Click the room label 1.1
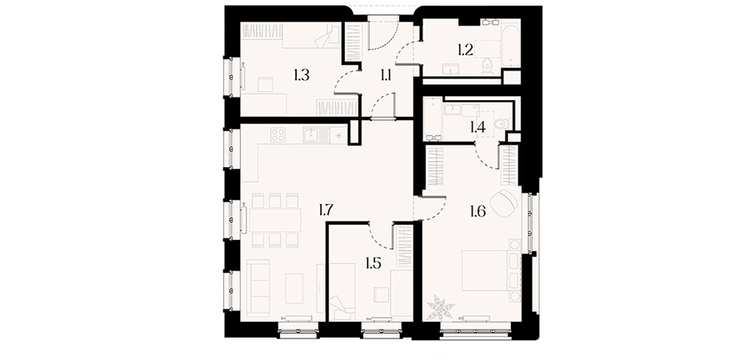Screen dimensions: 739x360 click(385, 75)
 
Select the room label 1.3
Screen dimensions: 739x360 click(302, 75)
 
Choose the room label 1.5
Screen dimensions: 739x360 click(373, 263)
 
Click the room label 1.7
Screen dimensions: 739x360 click(326, 210)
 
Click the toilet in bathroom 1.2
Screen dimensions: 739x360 click(487, 67)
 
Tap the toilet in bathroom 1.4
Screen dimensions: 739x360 click(500, 124)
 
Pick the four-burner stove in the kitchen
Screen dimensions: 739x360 click(278, 134)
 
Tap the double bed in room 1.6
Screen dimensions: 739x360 click(485, 270)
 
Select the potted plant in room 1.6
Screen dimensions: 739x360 click(440, 307)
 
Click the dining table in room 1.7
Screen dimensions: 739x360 click(275, 221)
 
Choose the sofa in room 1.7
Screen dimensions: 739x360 click(258, 288)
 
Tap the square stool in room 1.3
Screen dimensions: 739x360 click(265, 84)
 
